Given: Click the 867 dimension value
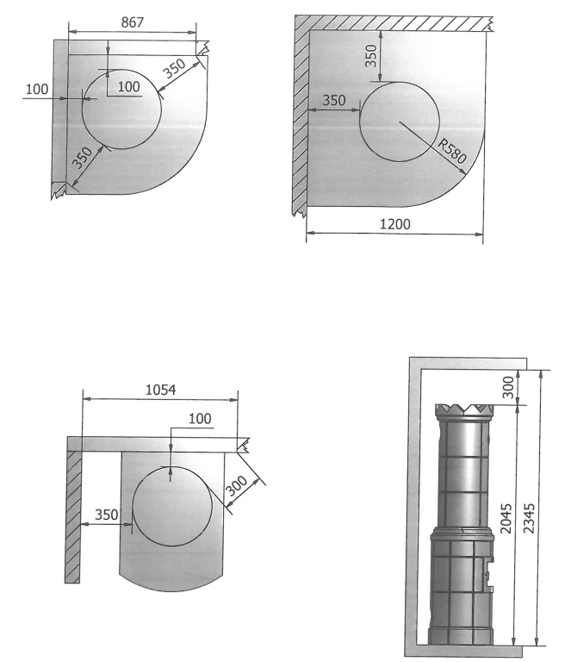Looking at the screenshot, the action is tap(132, 22).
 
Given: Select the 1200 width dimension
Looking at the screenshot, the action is tap(394, 224).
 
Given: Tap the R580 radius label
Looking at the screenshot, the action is tap(451, 151).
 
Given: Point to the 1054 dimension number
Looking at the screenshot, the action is tap(161, 390).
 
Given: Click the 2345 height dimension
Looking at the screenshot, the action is tap(529, 517).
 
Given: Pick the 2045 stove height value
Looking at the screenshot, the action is tap(506, 518).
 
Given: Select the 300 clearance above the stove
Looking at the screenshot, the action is tap(508, 387).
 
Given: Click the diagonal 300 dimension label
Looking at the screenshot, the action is tap(237, 486).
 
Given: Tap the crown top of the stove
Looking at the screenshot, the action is tap(464, 409).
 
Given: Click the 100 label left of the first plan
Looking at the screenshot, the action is tap(37, 89).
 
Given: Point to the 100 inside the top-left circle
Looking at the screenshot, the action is tap(128, 86).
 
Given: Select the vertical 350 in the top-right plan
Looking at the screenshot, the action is tap(370, 56).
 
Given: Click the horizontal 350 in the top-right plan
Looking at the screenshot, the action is tap(334, 101).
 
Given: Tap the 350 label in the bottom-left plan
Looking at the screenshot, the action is tap(106, 515).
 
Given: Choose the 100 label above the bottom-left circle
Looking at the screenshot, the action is tap(200, 418).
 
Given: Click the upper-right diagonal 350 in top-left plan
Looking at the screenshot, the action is tap(175, 68).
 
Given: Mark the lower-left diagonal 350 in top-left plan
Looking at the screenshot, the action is tap(83, 157).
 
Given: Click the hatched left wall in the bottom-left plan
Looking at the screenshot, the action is tap(73, 517).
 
